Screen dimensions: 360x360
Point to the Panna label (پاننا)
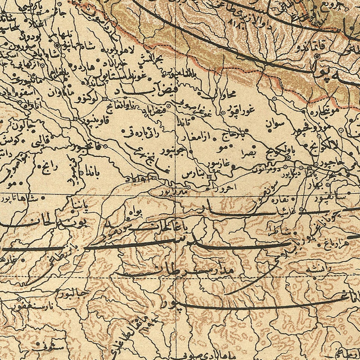(x=79, y=206)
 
